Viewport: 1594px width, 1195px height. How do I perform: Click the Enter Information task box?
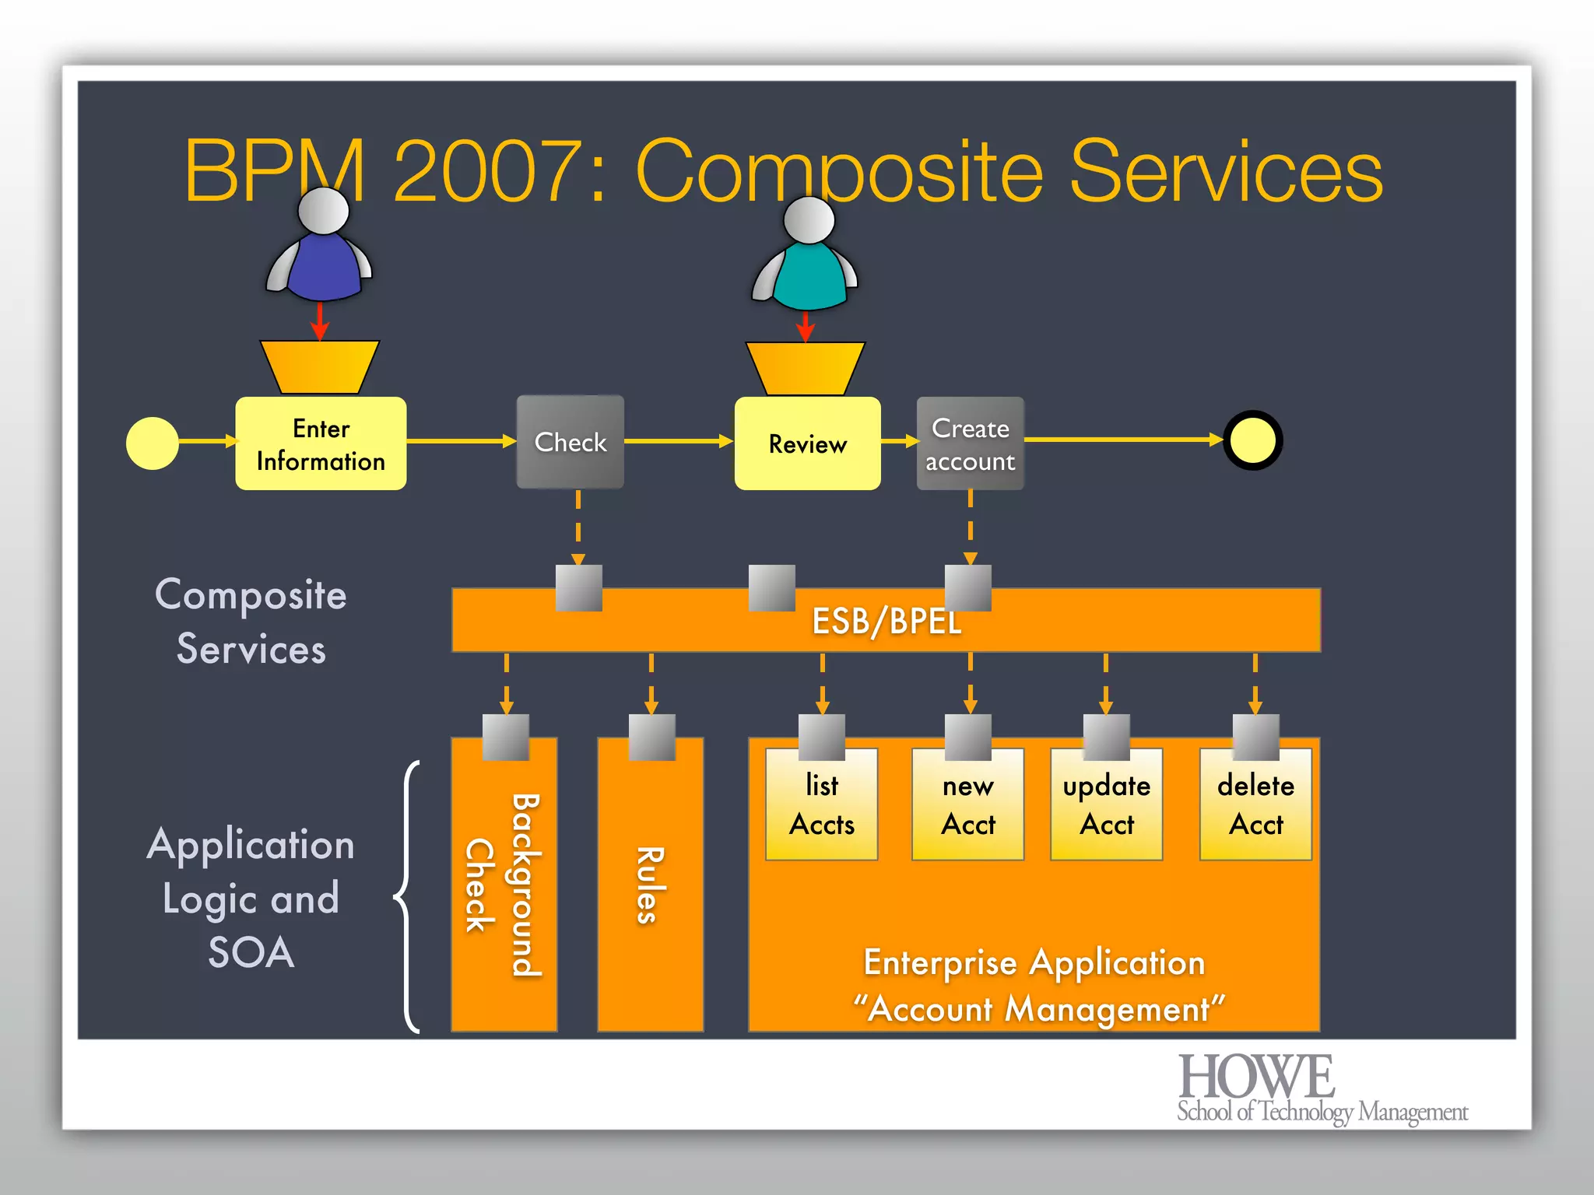pos(321,443)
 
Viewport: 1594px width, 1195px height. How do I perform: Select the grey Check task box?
pos(571,442)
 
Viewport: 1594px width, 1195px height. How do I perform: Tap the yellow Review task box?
pos(807,443)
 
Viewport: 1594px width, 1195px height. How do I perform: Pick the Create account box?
pos(970,443)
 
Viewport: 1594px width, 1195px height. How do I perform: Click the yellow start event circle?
pos(153,443)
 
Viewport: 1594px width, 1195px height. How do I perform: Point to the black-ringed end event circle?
pos(1252,440)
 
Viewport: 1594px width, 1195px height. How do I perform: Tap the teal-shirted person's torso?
pos(809,276)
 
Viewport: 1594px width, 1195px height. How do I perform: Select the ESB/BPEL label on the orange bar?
pos(887,621)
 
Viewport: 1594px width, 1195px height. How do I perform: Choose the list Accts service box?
pos(821,805)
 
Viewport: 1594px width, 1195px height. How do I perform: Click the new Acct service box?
pos(967,805)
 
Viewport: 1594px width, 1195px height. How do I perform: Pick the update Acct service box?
pos(1106,805)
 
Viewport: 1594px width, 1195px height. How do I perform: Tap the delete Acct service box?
pos(1255,805)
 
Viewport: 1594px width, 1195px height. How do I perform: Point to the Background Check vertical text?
pos(504,885)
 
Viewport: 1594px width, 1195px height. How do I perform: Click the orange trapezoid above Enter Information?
pos(319,366)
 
